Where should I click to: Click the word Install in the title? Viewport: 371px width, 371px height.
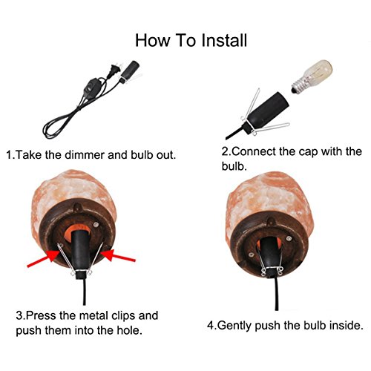224,40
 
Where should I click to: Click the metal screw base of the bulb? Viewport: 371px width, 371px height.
298,87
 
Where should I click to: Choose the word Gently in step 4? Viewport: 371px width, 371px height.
234,326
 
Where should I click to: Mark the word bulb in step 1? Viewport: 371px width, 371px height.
142,155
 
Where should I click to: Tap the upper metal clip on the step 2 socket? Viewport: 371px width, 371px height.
252,104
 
